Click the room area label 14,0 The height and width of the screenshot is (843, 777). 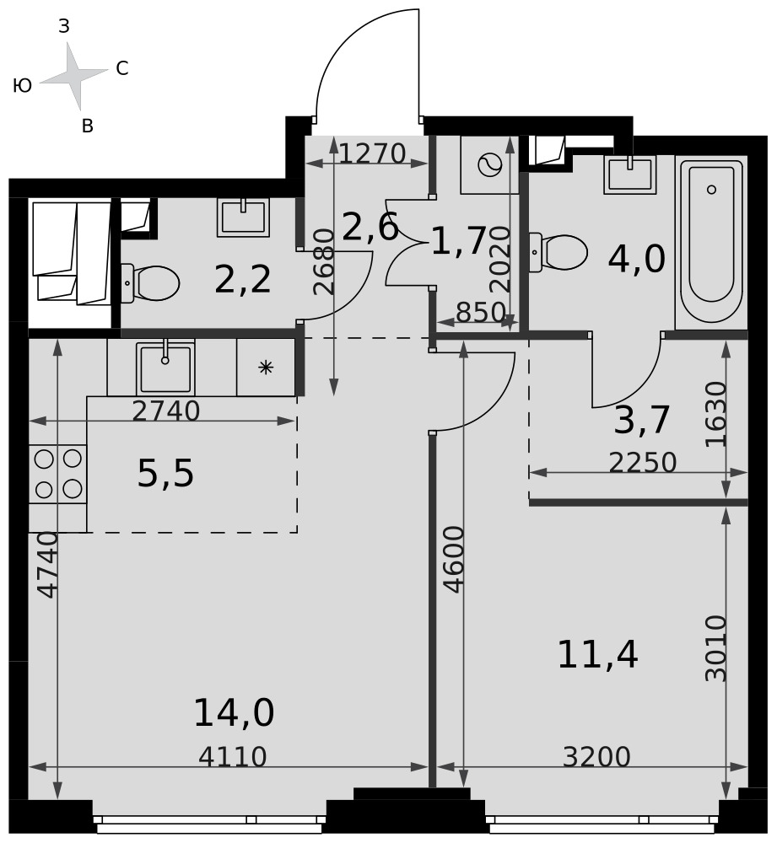tap(234, 713)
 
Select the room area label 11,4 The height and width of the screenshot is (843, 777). tap(597, 655)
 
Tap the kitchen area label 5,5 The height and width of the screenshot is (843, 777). tap(165, 474)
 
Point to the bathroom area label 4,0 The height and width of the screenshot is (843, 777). tap(637, 259)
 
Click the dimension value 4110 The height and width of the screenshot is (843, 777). tap(233, 757)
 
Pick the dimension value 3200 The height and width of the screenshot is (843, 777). tap(596, 757)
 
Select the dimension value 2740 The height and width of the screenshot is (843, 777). tap(165, 411)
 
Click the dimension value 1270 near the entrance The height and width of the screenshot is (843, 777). tap(372, 153)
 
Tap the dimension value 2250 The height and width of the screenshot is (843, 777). tap(643, 462)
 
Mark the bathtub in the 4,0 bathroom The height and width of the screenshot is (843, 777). tap(711, 242)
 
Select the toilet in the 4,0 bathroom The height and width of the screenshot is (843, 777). tap(558, 251)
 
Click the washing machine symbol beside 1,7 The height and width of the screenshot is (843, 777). tap(489, 164)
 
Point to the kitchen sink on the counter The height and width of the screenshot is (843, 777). tap(165, 368)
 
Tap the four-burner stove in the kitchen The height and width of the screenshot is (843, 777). tap(57, 474)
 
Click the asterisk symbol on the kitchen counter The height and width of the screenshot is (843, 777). tap(266, 368)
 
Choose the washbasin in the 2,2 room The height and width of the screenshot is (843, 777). tap(243, 217)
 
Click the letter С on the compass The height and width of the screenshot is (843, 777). tap(122, 68)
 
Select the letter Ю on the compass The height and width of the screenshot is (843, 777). tap(22, 85)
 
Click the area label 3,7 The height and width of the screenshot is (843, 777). tap(642, 420)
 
